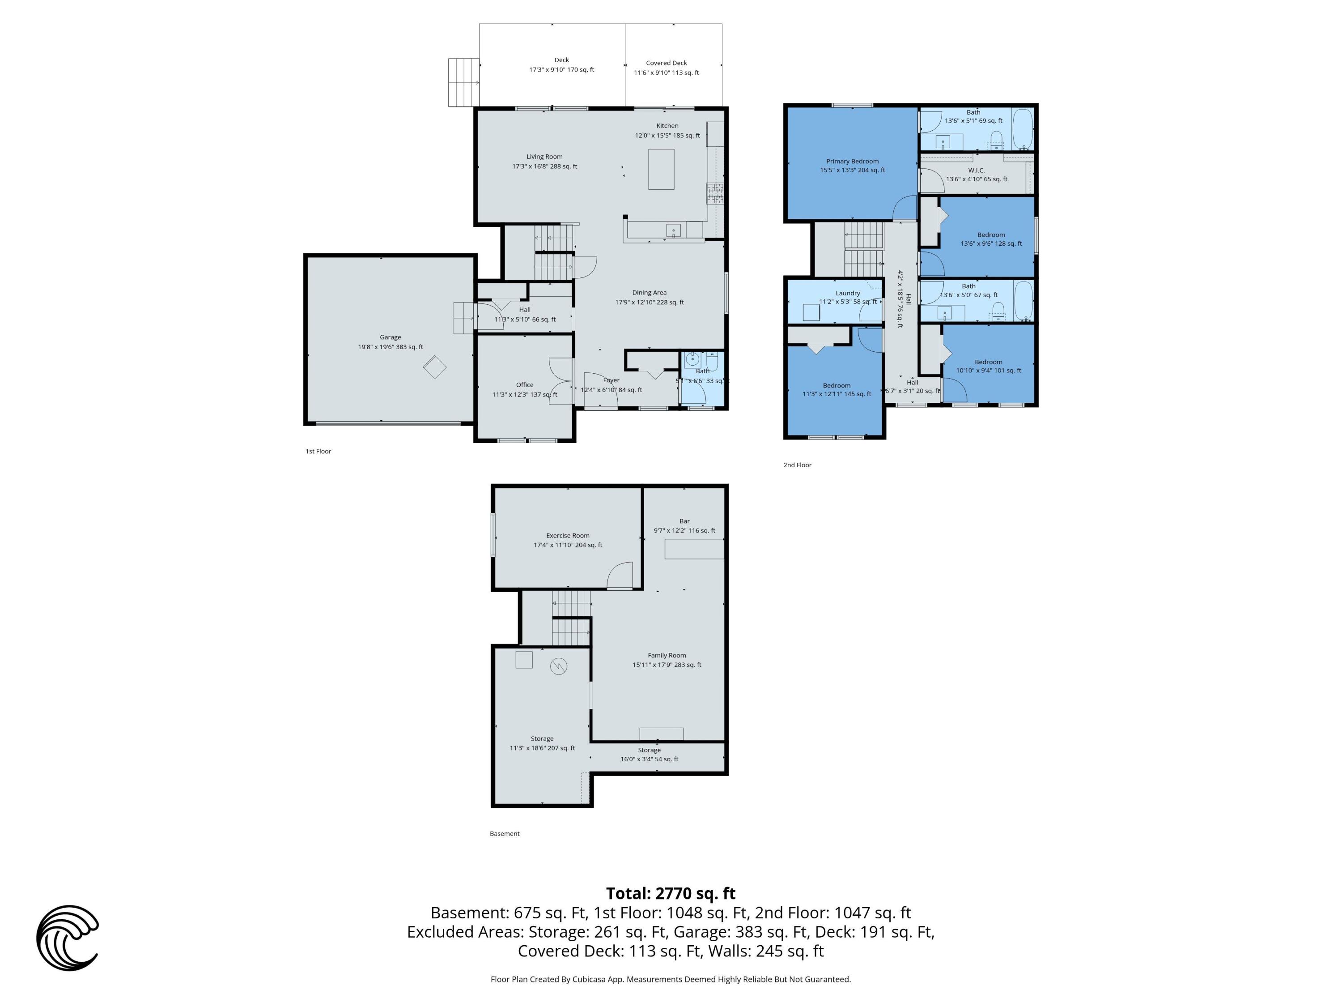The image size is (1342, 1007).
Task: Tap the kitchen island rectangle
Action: click(661, 169)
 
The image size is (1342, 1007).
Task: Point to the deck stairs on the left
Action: click(463, 82)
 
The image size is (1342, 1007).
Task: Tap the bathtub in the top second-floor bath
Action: click(1023, 129)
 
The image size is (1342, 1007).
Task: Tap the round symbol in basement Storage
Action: click(558, 666)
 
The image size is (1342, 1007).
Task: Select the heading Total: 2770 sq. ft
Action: click(671, 893)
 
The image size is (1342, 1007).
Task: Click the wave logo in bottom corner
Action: click(68, 938)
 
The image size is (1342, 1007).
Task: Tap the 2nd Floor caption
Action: click(797, 465)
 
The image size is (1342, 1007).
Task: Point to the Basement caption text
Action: click(504, 833)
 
